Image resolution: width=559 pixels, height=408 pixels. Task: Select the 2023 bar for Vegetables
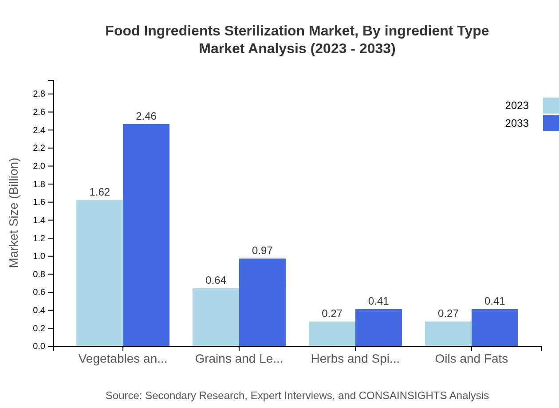point(99,273)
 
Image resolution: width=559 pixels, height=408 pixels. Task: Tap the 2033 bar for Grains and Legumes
point(262,302)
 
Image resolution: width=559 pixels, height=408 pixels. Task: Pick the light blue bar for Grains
point(216,317)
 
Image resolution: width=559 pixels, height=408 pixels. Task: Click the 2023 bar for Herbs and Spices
point(332,333)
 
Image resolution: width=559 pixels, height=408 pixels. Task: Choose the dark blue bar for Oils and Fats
point(495,327)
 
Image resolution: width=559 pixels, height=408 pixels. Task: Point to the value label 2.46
point(146,116)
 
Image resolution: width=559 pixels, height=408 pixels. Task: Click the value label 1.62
point(99,192)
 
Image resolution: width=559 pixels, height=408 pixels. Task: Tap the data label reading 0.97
point(262,251)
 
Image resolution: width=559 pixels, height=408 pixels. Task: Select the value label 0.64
point(216,280)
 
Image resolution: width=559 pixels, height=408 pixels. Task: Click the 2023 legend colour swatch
point(551,106)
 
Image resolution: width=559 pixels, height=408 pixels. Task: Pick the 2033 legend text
point(517,123)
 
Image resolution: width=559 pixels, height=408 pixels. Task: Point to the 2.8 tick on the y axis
point(39,94)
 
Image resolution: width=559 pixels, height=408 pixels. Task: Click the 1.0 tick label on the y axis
point(39,256)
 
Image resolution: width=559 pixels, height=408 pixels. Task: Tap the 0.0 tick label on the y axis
point(39,346)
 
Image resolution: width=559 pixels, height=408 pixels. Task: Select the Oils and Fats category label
point(471,359)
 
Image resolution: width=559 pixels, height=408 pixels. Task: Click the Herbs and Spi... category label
point(355,359)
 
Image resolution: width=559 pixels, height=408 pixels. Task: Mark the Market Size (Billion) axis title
point(14,213)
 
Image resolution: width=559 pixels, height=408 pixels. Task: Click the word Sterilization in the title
point(265,31)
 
